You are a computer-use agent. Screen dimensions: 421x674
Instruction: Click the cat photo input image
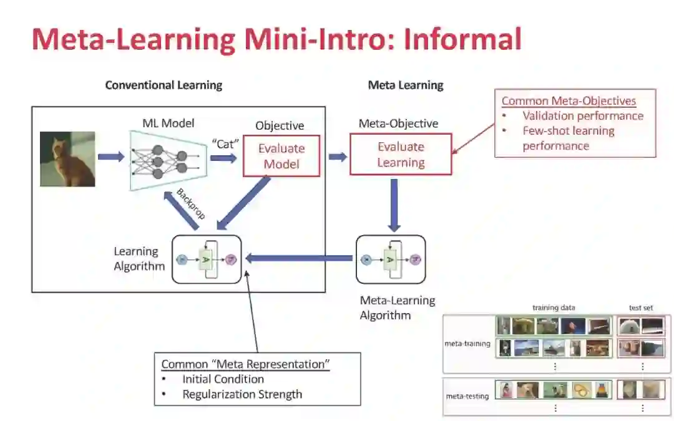pyautogui.click(x=67, y=159)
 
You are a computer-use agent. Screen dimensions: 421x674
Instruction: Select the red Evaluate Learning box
pyautogui.click(x=401, y=155)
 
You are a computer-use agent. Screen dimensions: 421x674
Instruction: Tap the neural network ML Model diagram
pyautogui.click(x=167, y=160)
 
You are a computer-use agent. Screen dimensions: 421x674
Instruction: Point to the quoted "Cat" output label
pyautogui.click(x=225, y=143)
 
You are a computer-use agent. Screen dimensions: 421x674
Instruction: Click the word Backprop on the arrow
pyautogui.click(x=191, y=204)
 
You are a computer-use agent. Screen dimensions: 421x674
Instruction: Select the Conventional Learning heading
pyautogui.click(x=164, y=85)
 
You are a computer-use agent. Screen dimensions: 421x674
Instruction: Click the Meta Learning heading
pyautogui.click(x=406, y=85)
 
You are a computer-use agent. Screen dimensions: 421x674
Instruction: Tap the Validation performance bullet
pyautogui.click(x=583, y=116)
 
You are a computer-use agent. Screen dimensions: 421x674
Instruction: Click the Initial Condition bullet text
pyautogui.click(x=223, y=379)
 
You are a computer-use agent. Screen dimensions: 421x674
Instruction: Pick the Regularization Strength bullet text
pyautogui.click(x=242, y=394)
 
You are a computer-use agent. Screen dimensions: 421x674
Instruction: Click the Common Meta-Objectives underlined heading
pyautogui.click(x=569, y=101)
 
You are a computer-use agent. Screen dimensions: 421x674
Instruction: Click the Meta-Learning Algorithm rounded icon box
pyautogui.click(x=391, y=259)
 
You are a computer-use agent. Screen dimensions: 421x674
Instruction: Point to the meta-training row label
pyautogui.click(x=467, y=343)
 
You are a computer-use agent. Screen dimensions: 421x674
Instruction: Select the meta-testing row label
pyautogui.click(x=467, y=395)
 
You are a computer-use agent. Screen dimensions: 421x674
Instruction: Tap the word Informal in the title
pyautogui.click(x=462, y=39)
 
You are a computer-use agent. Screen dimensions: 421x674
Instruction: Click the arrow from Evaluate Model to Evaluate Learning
pyautogui.click(x=338, y=157)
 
